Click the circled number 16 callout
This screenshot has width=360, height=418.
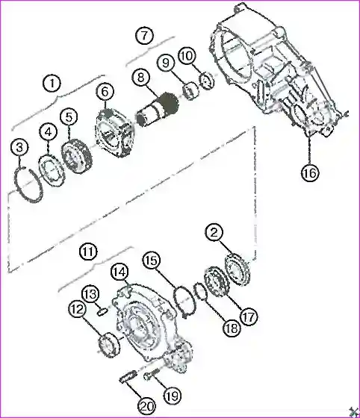[310, 173]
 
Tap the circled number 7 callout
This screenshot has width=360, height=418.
[144, 35]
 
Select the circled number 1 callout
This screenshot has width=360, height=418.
[52, 84]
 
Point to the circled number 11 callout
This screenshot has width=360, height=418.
[89, 252]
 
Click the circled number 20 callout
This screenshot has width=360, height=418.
[147, 406]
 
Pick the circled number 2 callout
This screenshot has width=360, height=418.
[214, 233]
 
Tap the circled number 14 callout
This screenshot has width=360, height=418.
[120, 272]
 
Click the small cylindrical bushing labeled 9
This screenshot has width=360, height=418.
[191, 92]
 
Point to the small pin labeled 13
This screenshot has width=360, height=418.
[102, 311]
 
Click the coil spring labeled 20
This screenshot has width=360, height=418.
[128, 380]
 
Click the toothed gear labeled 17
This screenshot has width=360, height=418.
[215, 283]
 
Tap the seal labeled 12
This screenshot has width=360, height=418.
[109, 345]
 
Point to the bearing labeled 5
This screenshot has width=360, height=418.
[76, 157]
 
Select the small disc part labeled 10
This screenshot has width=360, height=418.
[207, 81]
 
